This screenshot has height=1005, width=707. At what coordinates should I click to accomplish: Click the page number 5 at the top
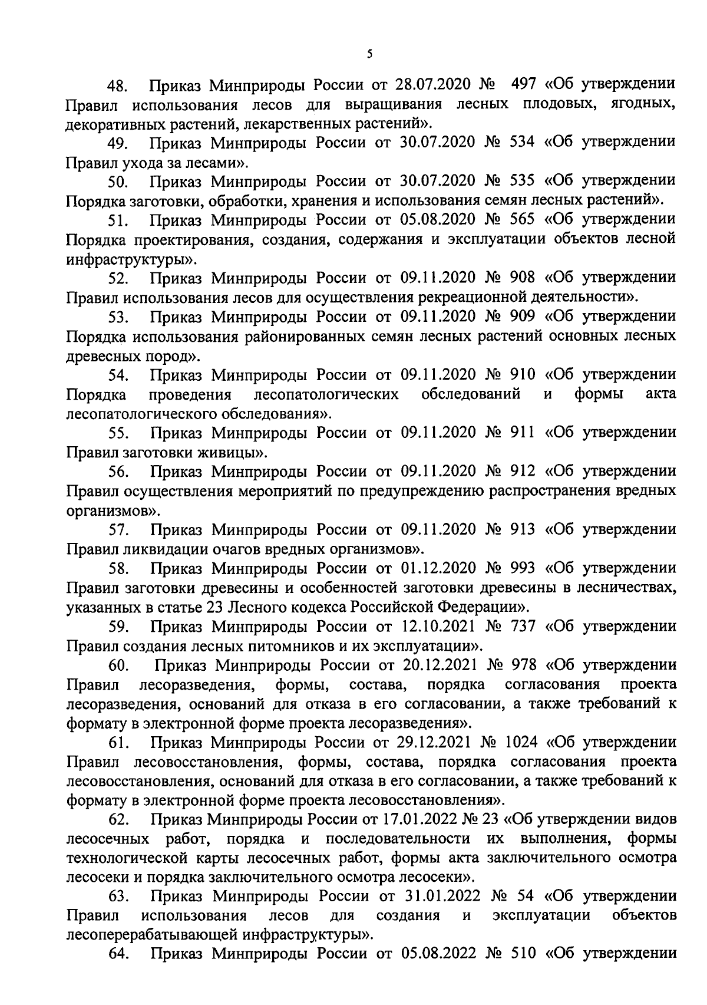point(369,55)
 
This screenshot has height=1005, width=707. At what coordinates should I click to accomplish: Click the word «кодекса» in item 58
point(319,607)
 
